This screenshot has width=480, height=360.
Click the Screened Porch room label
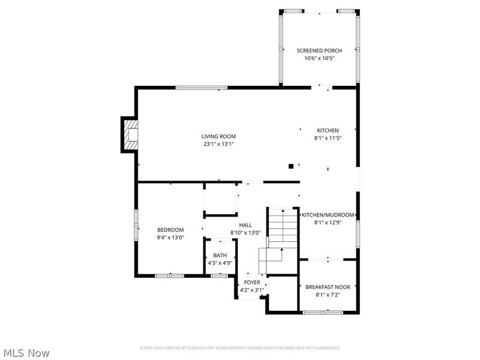point(319,50)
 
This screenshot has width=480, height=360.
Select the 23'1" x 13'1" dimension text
point(218,144)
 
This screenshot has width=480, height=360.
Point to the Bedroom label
point(170,230)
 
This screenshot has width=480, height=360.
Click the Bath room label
point(220,256)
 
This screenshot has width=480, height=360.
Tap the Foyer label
point(252,282)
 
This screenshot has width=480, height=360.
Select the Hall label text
point(245,225)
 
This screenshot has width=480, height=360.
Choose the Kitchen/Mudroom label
point(328,215)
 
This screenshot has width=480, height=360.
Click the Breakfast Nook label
point(328,287)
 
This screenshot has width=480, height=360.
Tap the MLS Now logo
point(26,353)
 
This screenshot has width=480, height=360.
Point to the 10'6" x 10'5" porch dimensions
point(319,58)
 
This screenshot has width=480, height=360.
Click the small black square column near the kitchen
point(291,166)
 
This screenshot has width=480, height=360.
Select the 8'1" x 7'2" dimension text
point(328,295)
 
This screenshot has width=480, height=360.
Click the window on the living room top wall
point(202,88)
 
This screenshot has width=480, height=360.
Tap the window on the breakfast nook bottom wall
point(323,312)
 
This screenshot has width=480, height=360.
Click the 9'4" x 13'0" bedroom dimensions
point(170,238)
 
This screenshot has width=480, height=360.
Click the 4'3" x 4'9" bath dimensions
point(220,263)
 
